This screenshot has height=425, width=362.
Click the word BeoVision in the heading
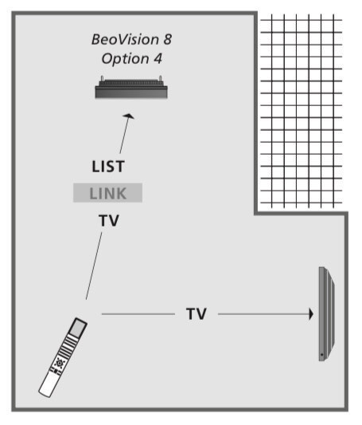pyautogui.click(x=125, y=40)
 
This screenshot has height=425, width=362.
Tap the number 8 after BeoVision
pyautogui.click(x=167, y=40)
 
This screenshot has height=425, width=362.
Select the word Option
pyautogui.click(x=125, y=59)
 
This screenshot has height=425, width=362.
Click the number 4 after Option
pyautogui.click(x=158, y=58)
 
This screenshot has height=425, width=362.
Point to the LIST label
pyautogui.click(x=108, y=167)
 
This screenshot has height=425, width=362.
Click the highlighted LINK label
pyautogui.click(x=107, y=193)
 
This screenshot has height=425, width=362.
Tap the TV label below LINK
pyautogui.click(x=109, y=220)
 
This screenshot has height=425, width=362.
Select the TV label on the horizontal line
pyautogui.click(x=197, y=314)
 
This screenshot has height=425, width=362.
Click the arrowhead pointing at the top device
pyautogui.click(x=128, y=116)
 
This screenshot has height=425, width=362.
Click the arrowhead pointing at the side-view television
pyautogui.click(x=311, y=314)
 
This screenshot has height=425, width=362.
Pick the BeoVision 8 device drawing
pyautogui.click(x=131, y=87)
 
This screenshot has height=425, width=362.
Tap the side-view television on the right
pyautogui.click(x=327, y=314)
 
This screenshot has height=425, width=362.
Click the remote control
pyautogui.click(x=63, y=357)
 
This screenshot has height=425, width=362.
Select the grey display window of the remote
pyautogui.click(x=78, y=328)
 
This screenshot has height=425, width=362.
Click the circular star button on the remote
pyautogui.click(x=59, y=363)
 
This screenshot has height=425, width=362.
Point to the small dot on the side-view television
pyautogui.click(x=321, y=355)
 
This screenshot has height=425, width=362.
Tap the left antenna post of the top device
pyautogui.click(x=102, y=79)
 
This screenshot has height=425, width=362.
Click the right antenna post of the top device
pyautogui.click(x=161, y=79)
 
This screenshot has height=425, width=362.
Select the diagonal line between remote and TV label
pyautogui.click(x=94, y=266)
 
